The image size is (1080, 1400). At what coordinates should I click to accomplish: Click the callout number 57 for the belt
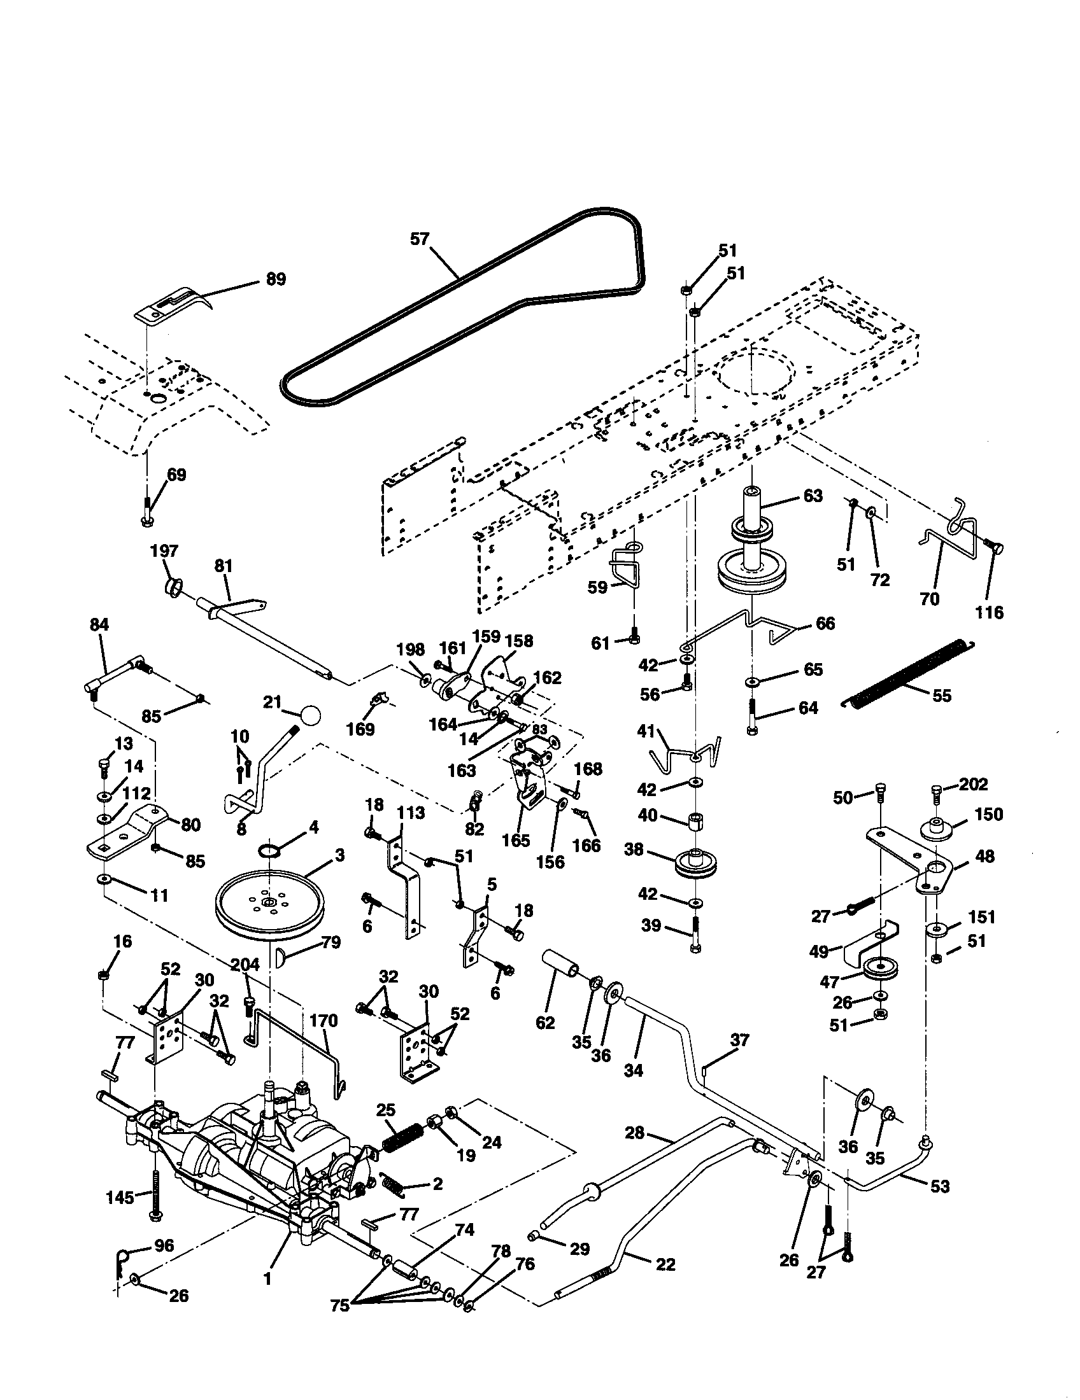point(420,239)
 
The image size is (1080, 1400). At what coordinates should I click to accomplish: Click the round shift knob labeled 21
point(310,714)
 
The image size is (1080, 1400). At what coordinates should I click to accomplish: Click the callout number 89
point(276,279)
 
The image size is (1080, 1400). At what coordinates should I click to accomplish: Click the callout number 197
point(164,551)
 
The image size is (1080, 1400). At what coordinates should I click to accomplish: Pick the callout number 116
point(989,612)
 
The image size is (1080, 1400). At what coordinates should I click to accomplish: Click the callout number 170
point(324,1021)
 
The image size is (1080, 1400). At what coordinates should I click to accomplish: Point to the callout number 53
point(939,1187)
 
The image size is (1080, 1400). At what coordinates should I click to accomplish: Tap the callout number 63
point(813,496)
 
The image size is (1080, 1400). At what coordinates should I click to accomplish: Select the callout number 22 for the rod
point(666,1264)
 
